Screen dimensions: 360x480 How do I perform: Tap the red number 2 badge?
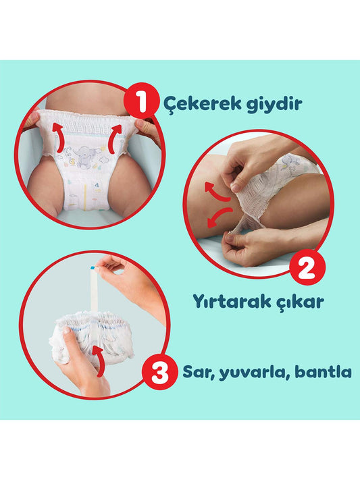coord(307,267)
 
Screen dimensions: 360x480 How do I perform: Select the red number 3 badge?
coord(160,373)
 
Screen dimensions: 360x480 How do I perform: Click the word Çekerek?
coord(201,104)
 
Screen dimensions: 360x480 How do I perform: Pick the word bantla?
coord(323,371)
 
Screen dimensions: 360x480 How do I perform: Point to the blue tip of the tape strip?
coord(93,268)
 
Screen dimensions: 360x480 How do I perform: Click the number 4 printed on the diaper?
coord(97,185)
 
